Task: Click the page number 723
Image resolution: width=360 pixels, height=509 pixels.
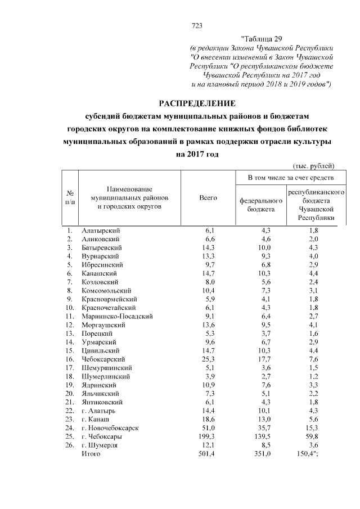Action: point(197,25)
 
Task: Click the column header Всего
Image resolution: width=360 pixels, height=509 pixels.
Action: point(208,198)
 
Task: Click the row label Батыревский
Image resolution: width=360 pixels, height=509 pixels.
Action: point(101,247)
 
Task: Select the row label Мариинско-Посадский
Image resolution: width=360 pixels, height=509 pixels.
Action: point(117,317)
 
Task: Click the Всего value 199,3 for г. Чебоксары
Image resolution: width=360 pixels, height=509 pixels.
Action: point(206,436)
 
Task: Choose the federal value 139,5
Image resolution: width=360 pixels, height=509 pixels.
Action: point(262,436)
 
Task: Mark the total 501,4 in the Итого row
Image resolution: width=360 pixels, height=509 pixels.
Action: point(206,453)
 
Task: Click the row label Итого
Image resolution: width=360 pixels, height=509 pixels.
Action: point(91,453)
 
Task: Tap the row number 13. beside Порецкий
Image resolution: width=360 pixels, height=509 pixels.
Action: point(70,334)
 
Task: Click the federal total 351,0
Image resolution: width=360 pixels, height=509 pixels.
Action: point(262,453)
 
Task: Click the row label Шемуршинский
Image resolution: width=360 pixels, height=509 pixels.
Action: point(106,368)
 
